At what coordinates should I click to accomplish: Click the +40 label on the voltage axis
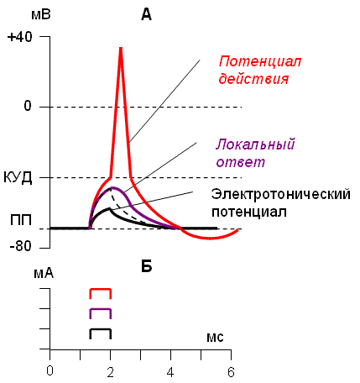(20, 37)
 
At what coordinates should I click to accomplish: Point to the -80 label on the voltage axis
(20, 246)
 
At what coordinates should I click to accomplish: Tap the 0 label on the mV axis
(28, 106)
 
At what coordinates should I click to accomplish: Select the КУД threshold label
(18, 178)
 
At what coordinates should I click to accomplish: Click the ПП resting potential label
(21, 220)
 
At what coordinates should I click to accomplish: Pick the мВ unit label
(41, 14)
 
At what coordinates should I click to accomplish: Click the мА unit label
(44, 273)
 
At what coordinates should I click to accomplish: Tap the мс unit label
(215, 338)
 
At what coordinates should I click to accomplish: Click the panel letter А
(147, 14)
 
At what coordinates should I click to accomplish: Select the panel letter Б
(147, 266)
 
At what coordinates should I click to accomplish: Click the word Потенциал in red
(260, 61)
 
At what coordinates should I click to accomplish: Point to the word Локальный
(255, 144)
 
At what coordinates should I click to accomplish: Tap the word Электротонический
(281, 194)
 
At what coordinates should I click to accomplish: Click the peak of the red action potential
(121, 49)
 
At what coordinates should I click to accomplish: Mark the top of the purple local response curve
(113, 188)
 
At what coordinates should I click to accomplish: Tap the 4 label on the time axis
(170, 372)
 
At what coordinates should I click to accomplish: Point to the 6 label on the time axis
(231, 372)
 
